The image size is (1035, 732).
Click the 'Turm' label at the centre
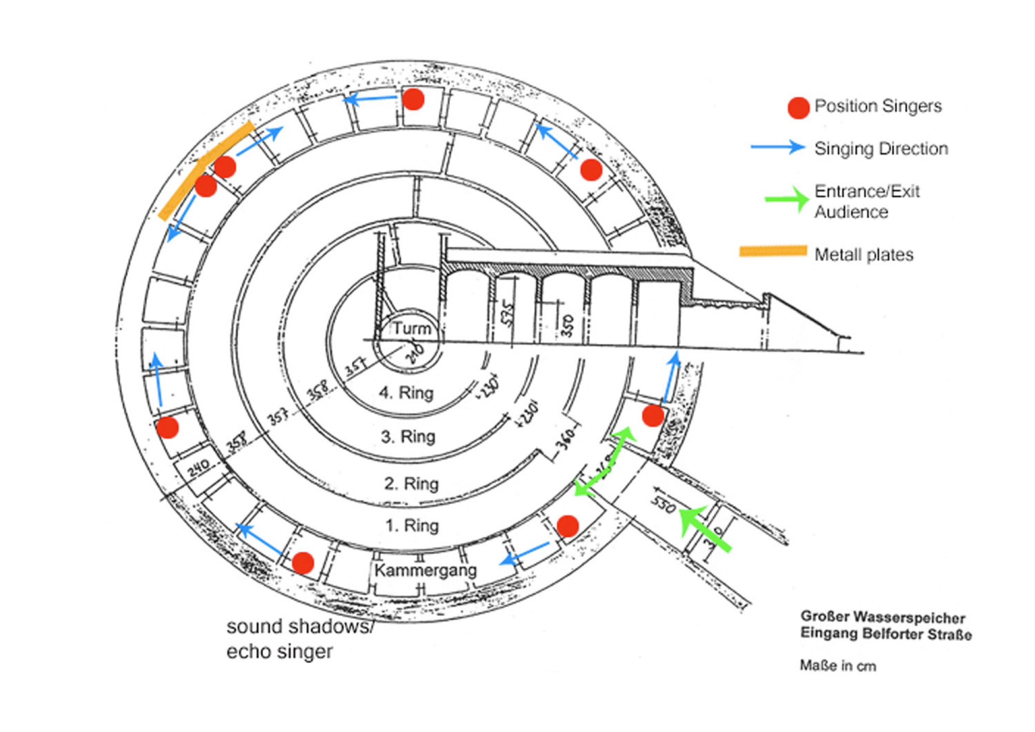coord(411,328)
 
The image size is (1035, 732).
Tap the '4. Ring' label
coord(406,393)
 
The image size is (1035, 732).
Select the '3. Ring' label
coord(408,437)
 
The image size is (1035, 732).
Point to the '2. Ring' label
coord(411,484)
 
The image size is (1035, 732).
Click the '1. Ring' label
coord(412,526)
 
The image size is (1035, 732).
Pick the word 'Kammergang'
coord(425,570)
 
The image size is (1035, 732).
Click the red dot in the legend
coord(798,107)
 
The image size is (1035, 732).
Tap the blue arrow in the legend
coord(778,148)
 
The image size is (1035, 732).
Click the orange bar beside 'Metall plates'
coord(773,251)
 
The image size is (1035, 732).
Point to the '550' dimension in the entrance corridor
coord(663,505)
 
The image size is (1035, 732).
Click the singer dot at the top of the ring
coord(413,98)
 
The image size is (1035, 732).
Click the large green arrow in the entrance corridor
coord(704,528)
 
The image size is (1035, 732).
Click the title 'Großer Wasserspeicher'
coord(882,618)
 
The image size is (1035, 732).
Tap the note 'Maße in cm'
coord(838,666)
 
